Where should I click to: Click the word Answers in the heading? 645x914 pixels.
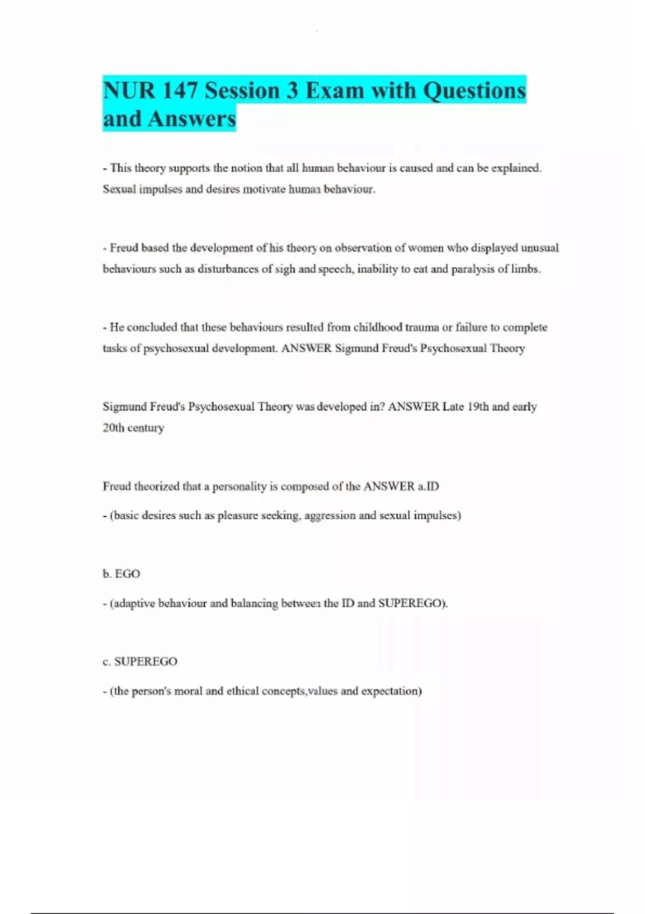192,119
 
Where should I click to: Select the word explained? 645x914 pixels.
516,168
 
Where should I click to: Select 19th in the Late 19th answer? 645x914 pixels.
478,407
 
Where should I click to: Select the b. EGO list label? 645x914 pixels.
121,574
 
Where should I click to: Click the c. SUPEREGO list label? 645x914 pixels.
140,661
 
